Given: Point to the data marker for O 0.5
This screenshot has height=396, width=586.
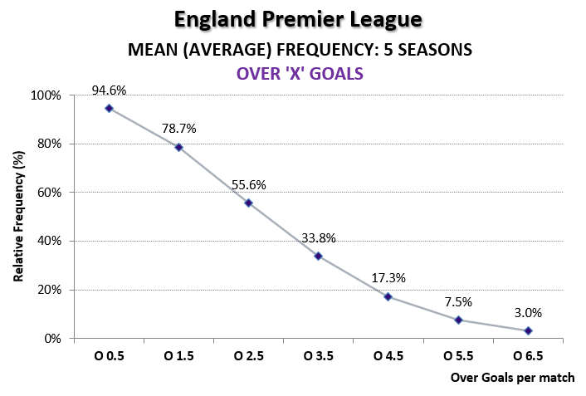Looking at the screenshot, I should pos(109,108).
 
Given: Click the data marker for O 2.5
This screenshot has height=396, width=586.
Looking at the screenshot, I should pos(248,203).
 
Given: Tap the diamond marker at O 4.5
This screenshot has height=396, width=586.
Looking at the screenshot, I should pos(388,296).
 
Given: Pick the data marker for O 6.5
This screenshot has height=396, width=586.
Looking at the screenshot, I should pos(528,330).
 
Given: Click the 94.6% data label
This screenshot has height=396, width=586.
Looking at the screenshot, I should pos(109,90).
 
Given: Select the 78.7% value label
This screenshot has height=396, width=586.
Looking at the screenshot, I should pos(178,129).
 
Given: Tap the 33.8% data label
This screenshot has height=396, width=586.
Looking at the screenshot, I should pos(318,237).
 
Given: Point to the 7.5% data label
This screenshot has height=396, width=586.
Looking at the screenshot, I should pos(458,302).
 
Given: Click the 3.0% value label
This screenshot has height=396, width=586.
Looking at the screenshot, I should pos(528,313).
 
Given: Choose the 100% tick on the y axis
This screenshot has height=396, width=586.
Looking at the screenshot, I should pos(47,95).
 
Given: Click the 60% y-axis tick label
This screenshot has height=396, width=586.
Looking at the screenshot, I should pos(50,193).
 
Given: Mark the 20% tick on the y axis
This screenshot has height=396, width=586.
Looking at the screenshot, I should pos(50,290).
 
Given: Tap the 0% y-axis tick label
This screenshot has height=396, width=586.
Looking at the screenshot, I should pos(53,339).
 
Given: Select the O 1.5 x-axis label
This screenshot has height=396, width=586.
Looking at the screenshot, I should pos(178,356).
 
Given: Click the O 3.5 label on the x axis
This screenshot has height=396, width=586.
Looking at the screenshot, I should pos(318,356).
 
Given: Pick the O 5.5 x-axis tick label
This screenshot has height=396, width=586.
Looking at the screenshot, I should pos(458,356).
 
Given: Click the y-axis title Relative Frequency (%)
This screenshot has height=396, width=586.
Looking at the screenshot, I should pos(17,217).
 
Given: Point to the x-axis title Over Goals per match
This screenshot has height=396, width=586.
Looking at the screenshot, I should pos(512,378).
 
